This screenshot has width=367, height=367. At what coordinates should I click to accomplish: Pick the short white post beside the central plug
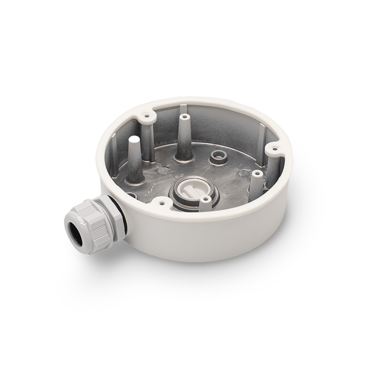coord(206,202)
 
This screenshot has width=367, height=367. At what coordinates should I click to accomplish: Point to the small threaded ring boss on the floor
coord(217,157)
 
